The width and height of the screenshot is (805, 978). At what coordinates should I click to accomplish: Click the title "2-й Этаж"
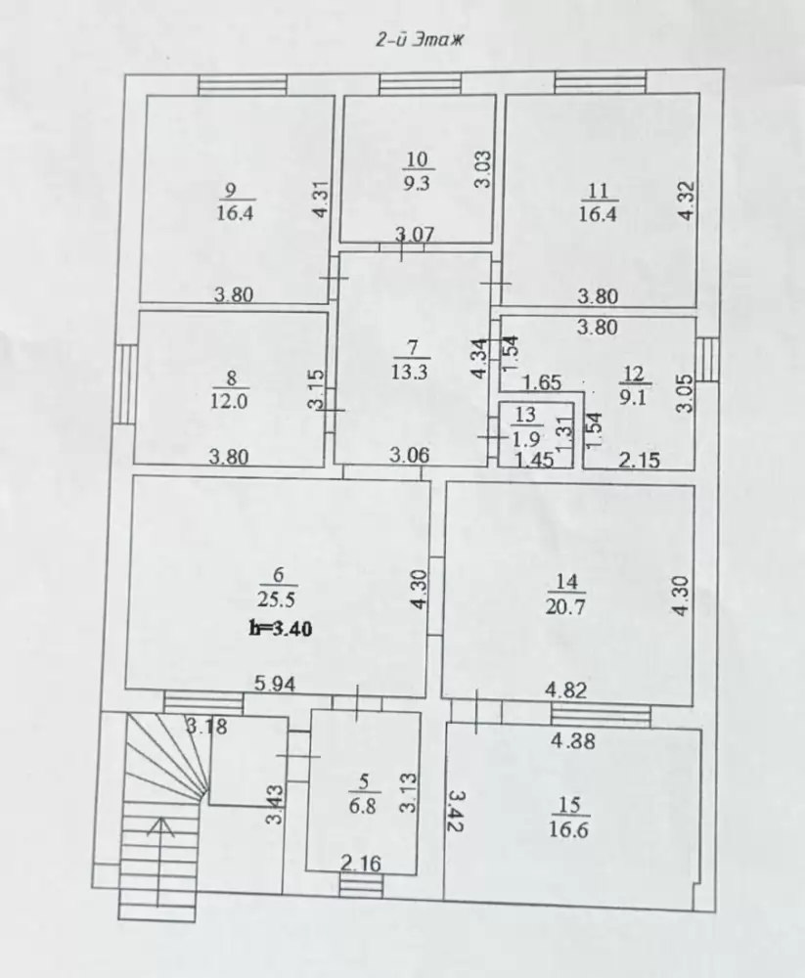tap(420, 40)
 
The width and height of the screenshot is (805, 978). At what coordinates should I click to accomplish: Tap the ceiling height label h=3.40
tap(280, 628)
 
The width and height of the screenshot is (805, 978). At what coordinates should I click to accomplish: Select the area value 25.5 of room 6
tap(276, 600)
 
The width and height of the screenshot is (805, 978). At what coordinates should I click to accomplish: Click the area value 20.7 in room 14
tap(565, 605)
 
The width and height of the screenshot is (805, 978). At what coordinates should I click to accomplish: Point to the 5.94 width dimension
tap(275, 685)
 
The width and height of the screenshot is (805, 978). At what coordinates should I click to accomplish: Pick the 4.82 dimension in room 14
tap(566, 689)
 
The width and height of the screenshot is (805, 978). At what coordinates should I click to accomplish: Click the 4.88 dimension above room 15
tap(573, 741)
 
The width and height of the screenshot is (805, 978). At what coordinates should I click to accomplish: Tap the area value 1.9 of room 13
tap(526, 439)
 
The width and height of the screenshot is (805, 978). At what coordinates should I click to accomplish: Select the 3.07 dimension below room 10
tap(415, 235)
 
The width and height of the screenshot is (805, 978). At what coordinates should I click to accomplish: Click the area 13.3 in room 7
tap(409, 372)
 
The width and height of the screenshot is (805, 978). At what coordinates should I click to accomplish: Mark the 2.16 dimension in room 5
tap(361, 864)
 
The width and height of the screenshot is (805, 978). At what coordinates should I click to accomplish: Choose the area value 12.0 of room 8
tap(229, 401)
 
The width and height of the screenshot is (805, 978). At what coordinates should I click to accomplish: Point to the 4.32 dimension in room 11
tap(686, 200)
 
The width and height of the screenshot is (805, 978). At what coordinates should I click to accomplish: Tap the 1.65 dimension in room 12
tap(542, 382)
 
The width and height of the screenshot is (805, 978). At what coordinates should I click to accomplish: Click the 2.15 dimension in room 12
tap(640, 461)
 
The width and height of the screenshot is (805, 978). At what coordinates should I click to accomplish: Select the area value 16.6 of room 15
tap(568, 830)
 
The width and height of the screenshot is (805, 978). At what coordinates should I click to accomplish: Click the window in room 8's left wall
tap(125, 384)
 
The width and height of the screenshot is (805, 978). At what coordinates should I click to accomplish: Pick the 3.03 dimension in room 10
tap(483, 169)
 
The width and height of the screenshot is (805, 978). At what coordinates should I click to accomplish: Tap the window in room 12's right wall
tap(707, 359)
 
